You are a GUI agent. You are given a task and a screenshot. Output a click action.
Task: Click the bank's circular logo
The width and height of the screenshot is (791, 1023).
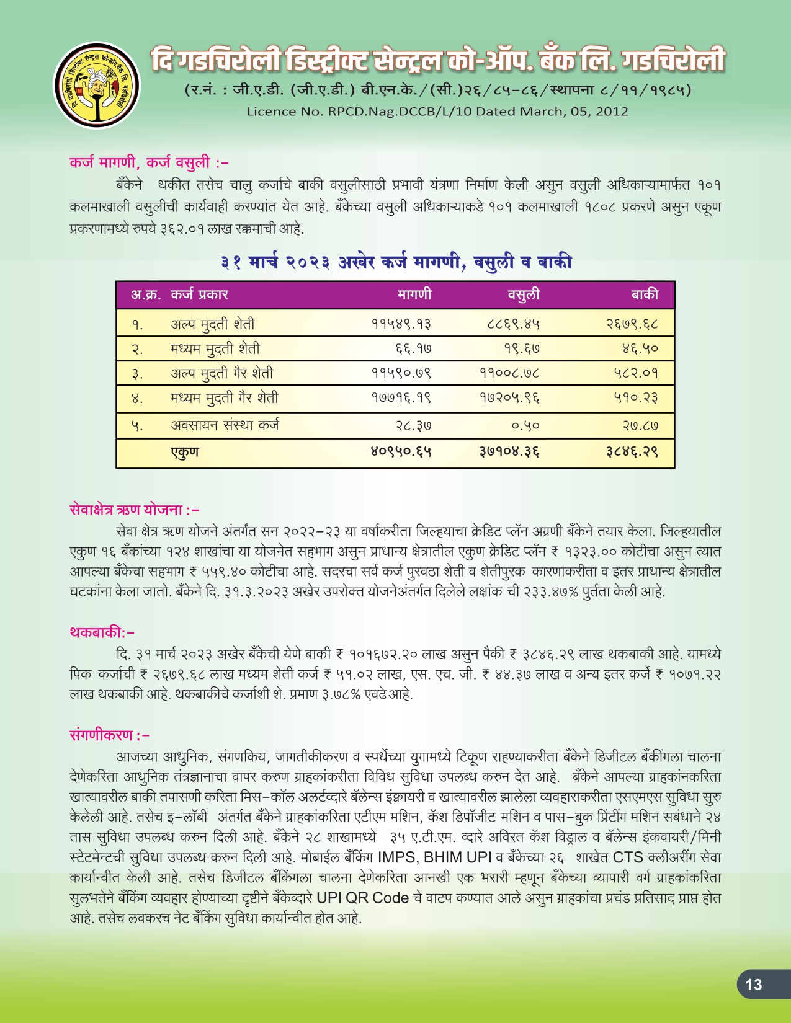pyautogui.click(x=96, y=86)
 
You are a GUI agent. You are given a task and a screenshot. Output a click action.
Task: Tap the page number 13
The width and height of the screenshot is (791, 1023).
pyautogui.click(x=754, y=985)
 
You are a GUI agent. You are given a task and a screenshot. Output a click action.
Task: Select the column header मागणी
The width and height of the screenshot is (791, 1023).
pyautogui.click(x=414, y=294)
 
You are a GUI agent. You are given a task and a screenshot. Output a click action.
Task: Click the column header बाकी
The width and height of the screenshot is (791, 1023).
pyautogui.click(x=645, y=294)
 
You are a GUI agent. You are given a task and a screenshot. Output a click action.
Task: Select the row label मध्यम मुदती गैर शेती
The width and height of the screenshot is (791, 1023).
pyautogui.click(x=224, y=398)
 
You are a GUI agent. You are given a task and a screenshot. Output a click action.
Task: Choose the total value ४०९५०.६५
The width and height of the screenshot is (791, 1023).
pyautogui.click(x=401, y=452)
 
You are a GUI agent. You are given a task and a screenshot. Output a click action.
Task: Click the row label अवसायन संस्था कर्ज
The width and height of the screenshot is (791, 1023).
pyautogui.click(x=225, y=426)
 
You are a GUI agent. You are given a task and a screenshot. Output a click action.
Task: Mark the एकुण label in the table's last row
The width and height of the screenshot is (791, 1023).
pyautogui.click(x=185, y=452)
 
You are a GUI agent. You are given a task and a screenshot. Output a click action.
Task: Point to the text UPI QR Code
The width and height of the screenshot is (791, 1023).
pyautogui.click(x=362, y=898)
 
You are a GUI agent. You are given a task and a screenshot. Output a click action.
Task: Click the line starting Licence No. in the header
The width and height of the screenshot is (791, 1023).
pyautogui.click(x=437, y=112)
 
